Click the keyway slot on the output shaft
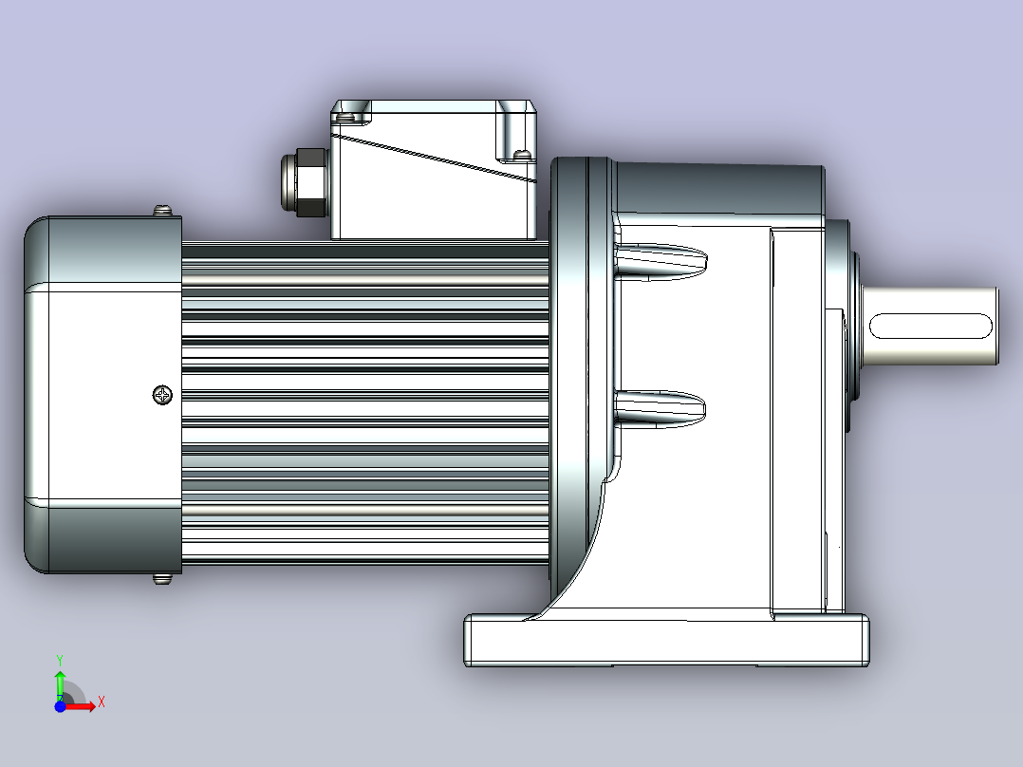coord(930,326)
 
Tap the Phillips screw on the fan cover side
coord(162,395)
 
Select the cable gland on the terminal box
coord(304,182)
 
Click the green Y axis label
coord(60,660)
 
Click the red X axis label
coord(102,702)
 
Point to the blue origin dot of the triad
coord(60,706)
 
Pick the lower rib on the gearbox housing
coord(660,408)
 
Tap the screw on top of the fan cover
coord(162,210)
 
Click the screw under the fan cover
coord(161,578)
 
